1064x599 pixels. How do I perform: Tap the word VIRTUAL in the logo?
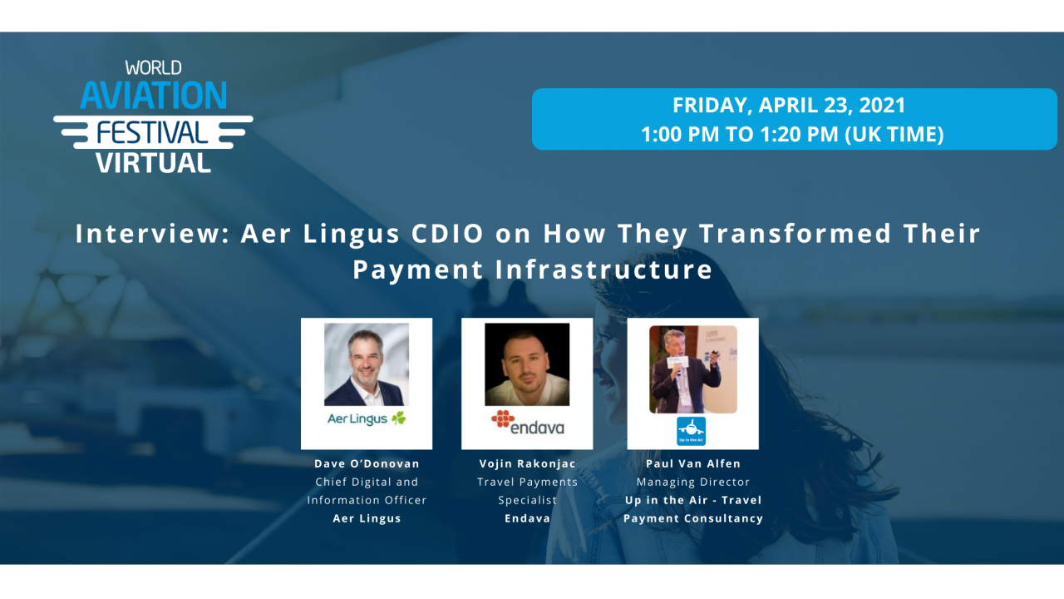click(153, 162)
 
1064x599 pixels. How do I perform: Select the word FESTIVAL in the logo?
click(153, 131)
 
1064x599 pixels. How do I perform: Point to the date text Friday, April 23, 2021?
click(789, 106)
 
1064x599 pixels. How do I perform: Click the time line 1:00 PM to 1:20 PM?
click(792, 135)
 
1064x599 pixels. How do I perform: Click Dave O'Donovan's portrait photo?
click(367, 364)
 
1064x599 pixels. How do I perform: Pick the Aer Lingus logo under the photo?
click(367, 418)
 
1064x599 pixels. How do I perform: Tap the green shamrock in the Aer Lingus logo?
click(399, 418)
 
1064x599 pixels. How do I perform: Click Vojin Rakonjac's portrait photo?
click(527, 364)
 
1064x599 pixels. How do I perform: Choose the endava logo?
click(527, 423)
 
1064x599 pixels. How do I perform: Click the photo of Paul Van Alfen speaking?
click(692, 369)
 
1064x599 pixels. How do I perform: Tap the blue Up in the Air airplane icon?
click(691, 431)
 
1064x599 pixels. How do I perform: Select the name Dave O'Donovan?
click(367, 463)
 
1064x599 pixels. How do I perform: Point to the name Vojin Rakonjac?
click(527, 463)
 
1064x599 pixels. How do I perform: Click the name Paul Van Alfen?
click(692, 463)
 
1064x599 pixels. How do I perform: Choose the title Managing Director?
click(692, 482)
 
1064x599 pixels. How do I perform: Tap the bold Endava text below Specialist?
click(527, 518)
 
